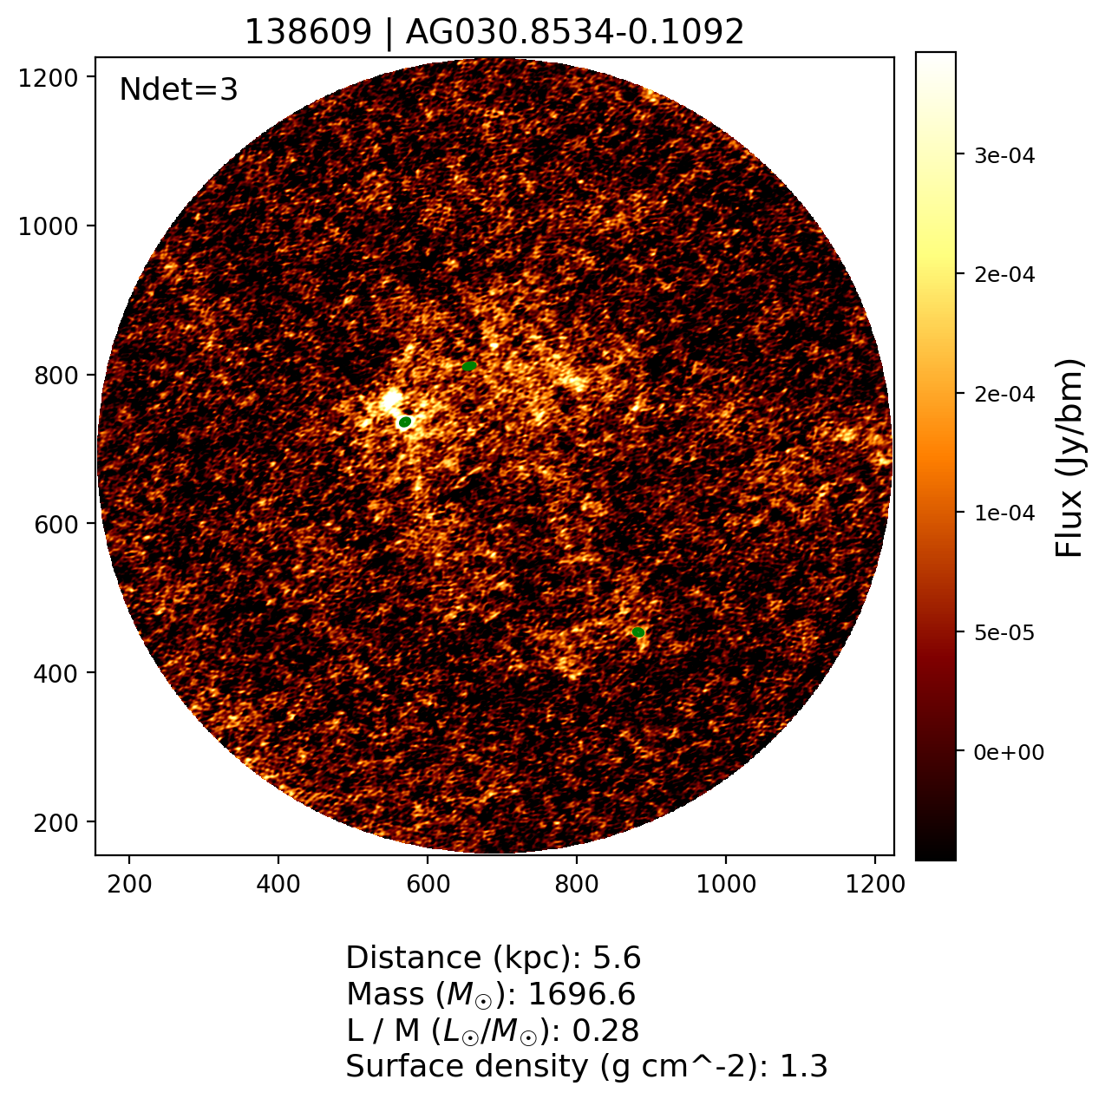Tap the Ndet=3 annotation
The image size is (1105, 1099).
pos(178,89)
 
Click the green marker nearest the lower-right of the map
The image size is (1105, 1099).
pos(638,632)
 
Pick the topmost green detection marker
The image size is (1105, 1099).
pos(469,366)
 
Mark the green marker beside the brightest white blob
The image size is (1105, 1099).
pos(405,422)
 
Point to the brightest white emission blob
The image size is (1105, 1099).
pos(392,400)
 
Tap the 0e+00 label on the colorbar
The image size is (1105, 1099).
pos(1009,752)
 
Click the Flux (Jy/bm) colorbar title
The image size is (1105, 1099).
pos(1070,458)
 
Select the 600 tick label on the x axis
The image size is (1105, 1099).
pos(427,884)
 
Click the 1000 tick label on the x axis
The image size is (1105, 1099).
pos(725,884)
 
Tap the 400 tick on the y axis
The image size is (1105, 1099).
pos(62,673)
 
